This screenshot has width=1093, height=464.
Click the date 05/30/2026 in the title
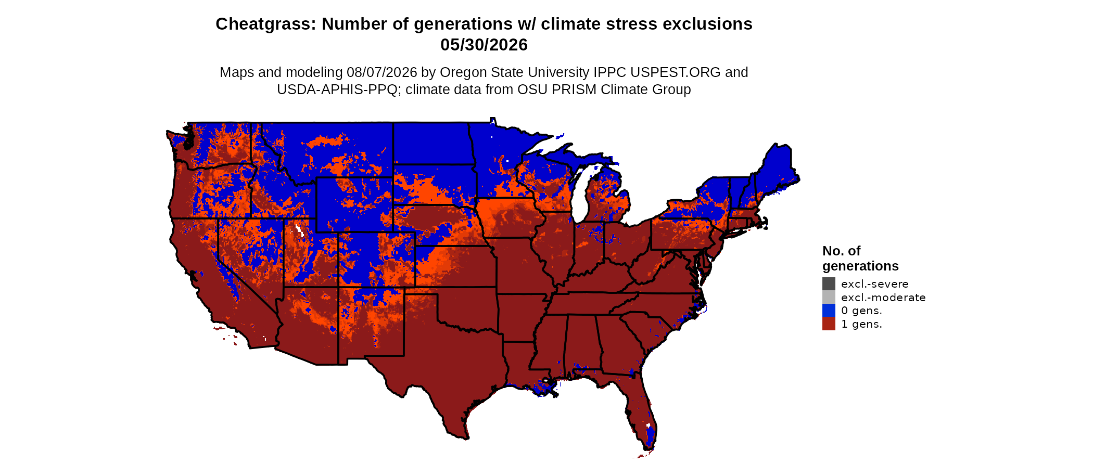click(484, 45)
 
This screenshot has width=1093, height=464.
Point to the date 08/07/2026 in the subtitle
click(382, 72)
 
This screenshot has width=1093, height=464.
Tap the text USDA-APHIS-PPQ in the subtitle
click(337, 89)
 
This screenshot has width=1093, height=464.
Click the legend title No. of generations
click(860, 259)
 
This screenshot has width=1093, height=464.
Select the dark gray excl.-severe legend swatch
click(829, 283)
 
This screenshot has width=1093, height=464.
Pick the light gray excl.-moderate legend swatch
click(829, 297)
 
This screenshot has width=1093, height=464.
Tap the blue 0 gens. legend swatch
click(829, 311)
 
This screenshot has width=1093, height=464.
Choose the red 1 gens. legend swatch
click(829, 324)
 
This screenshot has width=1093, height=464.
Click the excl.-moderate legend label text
click(883, 298)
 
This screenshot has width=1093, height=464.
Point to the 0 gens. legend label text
click(861, 311)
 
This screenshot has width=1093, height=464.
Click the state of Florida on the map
click(638, 411)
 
